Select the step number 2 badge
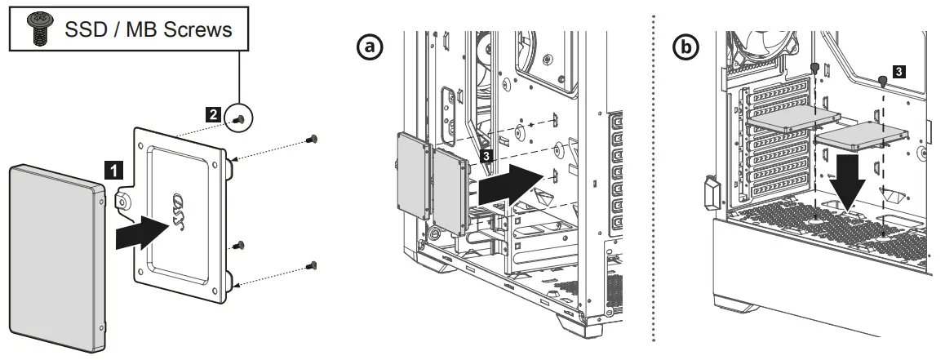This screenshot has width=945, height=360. [x=212, y=115]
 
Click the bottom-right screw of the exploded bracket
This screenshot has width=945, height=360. [x=312, y=264]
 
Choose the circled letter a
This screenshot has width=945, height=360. [x=372, y=47]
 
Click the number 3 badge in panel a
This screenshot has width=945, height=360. [x=486, y=153]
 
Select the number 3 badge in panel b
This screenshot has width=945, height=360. [x=898, y=72]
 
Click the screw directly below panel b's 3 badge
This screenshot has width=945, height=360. [x=884, y=81]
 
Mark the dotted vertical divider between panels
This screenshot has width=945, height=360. [x=653, y=180]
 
